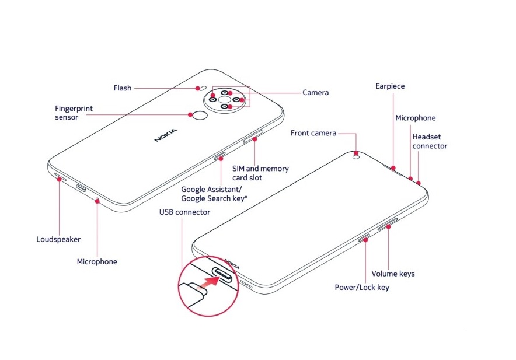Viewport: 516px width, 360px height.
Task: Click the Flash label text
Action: [122, 88]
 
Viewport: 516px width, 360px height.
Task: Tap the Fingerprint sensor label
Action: [74, 113]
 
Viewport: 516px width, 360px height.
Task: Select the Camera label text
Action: [315, 92]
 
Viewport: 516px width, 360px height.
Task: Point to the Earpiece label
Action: [390, 86]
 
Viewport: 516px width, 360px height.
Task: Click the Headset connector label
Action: [430, 141]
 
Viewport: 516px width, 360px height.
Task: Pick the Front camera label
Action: [313, 133]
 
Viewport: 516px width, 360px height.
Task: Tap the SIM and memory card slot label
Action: [260, 173]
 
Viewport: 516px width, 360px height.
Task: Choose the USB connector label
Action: [184, 212]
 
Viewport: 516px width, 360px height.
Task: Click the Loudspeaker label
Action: [58, 239]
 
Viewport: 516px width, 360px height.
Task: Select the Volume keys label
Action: [393, 274]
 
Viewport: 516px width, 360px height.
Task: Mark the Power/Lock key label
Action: [362, 287]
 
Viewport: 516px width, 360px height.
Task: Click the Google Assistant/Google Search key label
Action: [214, 194]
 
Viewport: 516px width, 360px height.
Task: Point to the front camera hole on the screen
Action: [355, 155]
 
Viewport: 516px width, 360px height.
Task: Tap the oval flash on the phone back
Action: [198, 90]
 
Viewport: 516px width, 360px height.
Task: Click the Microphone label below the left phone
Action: [97, 262]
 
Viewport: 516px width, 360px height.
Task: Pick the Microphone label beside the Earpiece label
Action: [415, 118]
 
